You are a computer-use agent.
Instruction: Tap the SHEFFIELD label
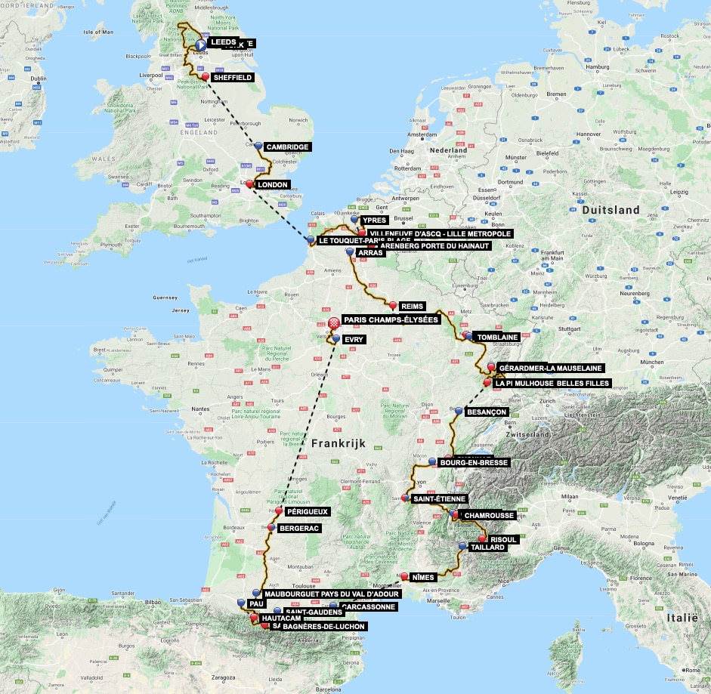[232, 77]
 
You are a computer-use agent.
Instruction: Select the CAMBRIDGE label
[288, 147]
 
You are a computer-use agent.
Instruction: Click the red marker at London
[250, 183]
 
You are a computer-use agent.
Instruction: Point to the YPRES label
[374, 221]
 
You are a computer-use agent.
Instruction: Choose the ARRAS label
[370, 253]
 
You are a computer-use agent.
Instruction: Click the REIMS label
[413, 307]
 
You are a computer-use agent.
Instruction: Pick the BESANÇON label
[487, 412]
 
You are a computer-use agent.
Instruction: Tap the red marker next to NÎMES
[404, 578]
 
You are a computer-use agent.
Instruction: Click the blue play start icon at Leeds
[202, 45]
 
